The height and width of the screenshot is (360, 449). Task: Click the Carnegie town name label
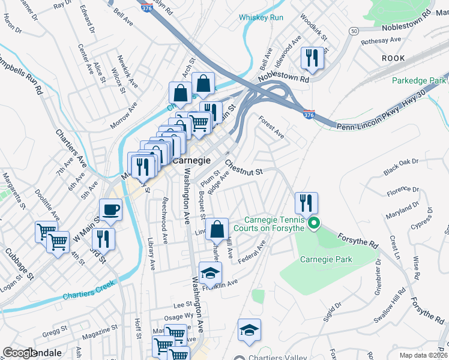(191, 161)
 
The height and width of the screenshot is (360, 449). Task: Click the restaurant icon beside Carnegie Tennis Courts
(307, 203)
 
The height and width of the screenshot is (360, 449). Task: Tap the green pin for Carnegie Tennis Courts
(313, 225)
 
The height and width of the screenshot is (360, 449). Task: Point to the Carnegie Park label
(326, 259)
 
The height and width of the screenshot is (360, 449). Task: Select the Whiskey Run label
(261, 17)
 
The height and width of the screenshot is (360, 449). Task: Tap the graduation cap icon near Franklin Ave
(210, 273)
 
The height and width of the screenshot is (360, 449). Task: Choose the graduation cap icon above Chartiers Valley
(249, 329)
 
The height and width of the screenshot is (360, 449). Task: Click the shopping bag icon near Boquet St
(217, 229)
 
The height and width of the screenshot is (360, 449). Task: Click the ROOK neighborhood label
(393, 58)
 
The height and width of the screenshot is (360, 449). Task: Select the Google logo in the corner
(20, 353)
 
